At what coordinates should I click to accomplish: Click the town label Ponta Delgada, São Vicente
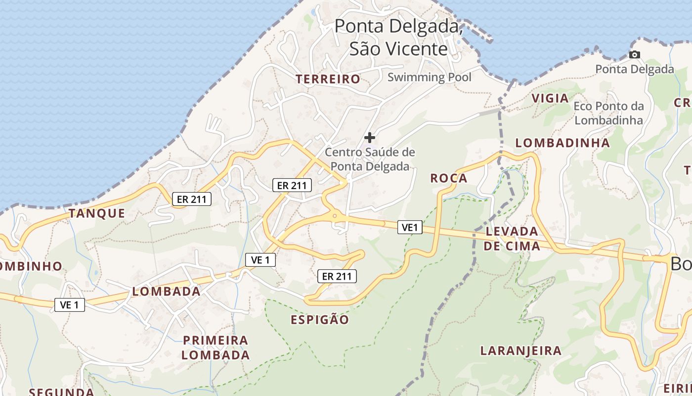pos(398,37)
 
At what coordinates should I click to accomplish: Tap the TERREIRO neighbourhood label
pos(328,79)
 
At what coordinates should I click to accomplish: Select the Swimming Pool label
pos(429,77)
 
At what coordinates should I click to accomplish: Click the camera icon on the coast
pos(635,54)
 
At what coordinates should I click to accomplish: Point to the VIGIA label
pos(550,98)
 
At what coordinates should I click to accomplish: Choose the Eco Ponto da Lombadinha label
pos(609,113)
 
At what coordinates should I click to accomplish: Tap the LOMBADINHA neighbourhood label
pos(562,143)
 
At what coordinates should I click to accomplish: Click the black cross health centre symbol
pos(370,138)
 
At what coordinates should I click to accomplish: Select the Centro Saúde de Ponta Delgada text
pos(370,159)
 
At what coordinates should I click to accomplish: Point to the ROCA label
pos(449,178)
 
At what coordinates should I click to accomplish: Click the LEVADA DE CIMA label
pos(512,238)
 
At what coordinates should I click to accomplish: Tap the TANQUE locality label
pos(97,213)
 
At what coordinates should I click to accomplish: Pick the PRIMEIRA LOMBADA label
pos(216,347)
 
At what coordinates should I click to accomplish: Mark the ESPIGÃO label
pos(320,320)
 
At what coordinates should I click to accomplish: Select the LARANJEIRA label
pos(521,351)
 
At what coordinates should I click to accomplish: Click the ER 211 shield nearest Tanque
pos(192,199)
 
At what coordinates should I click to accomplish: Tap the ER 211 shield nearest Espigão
pos(337,276)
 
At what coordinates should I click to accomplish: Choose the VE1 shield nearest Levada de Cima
pos(410,227)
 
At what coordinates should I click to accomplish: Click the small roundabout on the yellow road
pos(335,215)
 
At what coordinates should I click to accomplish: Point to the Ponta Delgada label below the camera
pos(634,69)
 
